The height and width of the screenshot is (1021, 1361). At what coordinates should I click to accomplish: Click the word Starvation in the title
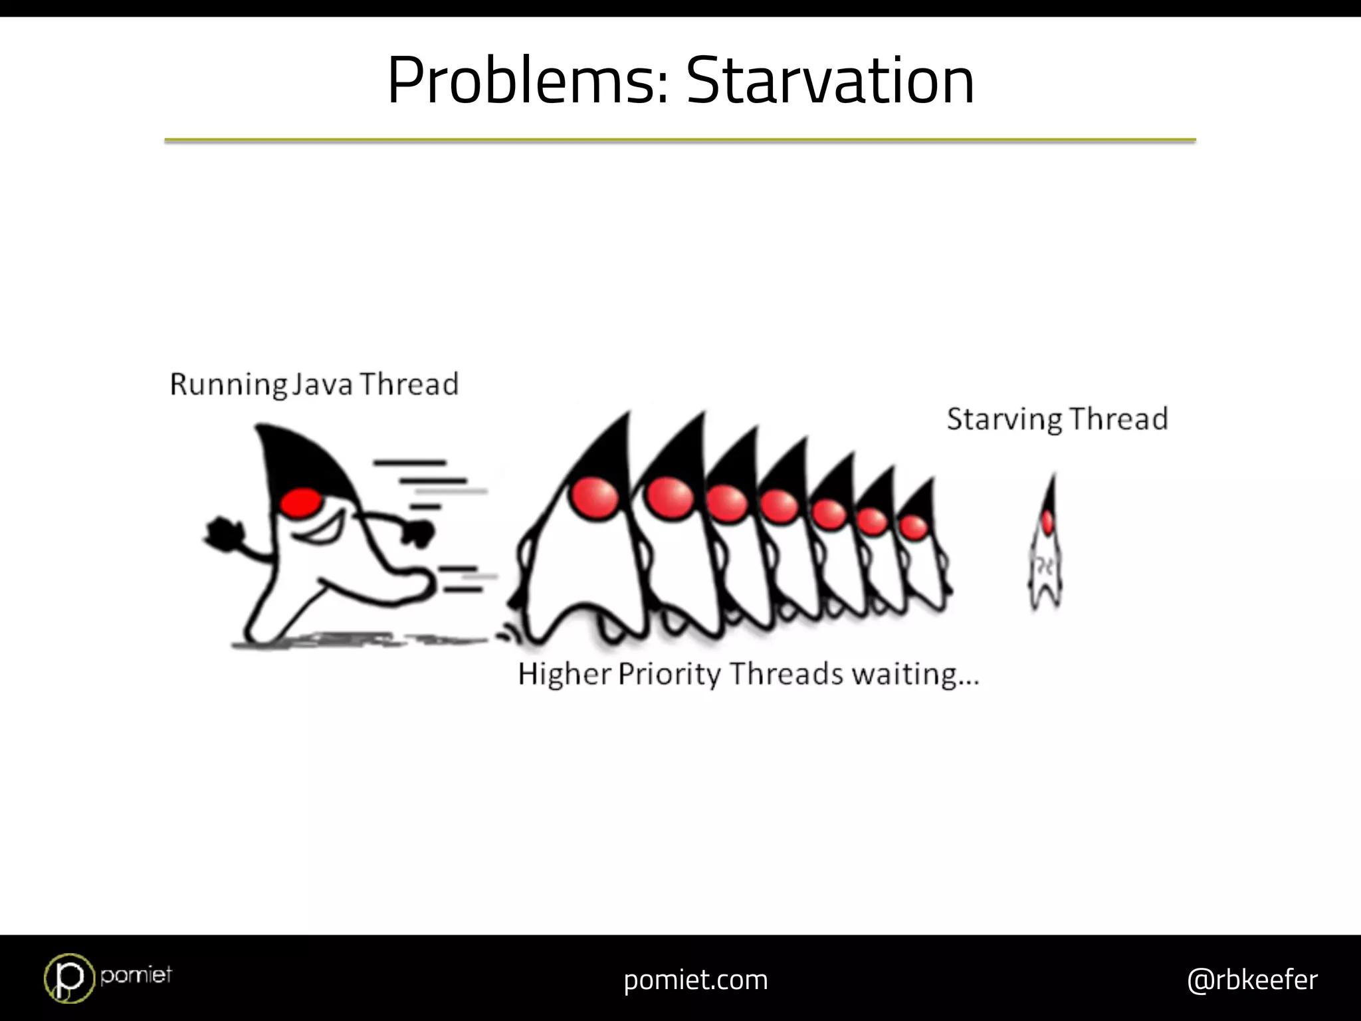click(830, 80)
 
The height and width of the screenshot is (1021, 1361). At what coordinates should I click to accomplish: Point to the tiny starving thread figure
click(1046, 548)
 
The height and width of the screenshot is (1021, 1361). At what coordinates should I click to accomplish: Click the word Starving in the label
click(1004, 419)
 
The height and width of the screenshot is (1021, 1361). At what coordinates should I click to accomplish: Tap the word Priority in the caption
click(669, 673)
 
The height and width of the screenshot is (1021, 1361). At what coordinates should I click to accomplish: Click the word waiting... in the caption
click(916, 674)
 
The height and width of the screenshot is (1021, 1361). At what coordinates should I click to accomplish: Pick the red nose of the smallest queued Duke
click(914, 527)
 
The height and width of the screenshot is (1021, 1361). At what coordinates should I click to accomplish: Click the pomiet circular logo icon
click(69, 977)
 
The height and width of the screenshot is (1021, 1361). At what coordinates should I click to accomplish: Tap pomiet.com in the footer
click(696, 980)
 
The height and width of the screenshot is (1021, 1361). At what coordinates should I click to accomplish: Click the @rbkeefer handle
click(1252, 980)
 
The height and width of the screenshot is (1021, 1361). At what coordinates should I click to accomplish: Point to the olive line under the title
click(680, 140)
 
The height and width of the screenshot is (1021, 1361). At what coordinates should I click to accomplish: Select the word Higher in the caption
click(564, 673)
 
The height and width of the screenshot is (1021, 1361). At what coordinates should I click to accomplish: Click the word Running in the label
click(228, 384)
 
